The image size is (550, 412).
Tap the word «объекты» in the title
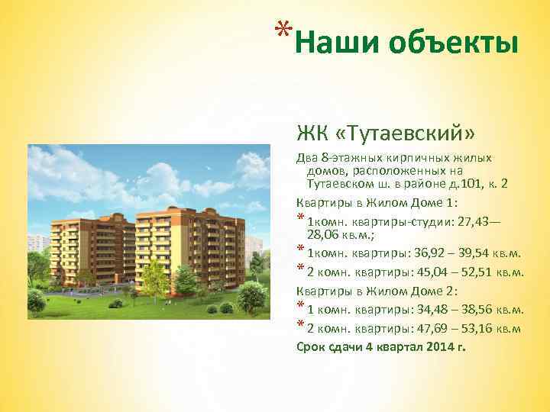454,43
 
